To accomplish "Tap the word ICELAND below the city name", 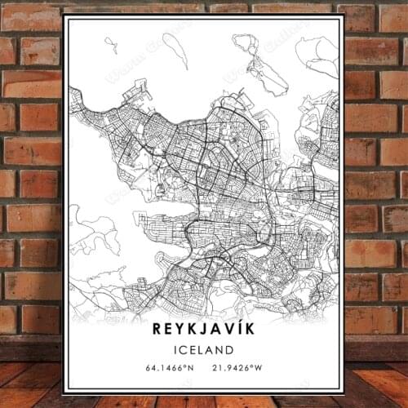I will (203, 350).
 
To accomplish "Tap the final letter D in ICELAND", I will (230, 350).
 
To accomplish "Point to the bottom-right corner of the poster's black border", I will (344, 392).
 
